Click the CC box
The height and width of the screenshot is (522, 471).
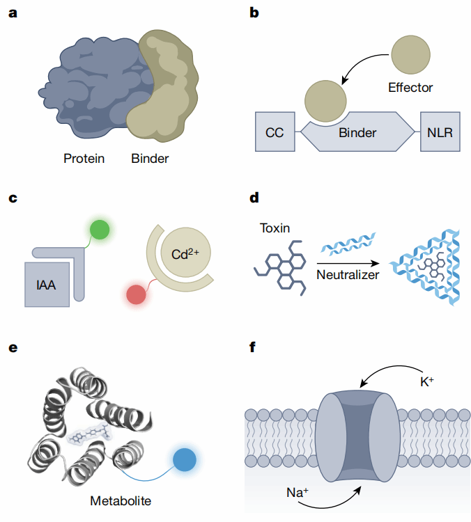[x=274, y=132]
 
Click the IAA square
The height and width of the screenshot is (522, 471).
[x=47, y=284]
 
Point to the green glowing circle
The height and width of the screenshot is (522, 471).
[x=99, y=230]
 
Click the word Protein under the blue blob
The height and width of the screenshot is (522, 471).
[x=84, y=158]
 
